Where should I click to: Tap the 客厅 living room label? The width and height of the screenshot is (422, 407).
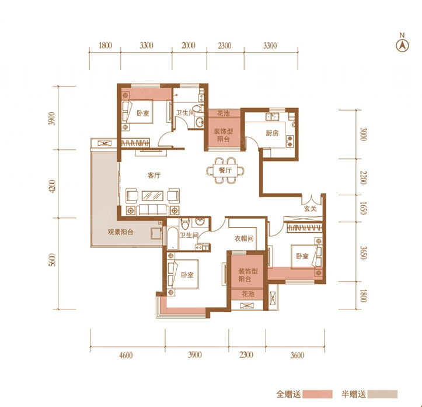(x=154, y=175)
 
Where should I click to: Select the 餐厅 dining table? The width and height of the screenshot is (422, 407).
(x=225, y=170)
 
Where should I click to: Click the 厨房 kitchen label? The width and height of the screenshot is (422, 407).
(x=272, y=133)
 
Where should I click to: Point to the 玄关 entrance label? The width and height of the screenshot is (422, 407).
(x=311, y=209)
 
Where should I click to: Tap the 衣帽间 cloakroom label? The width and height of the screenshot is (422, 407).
(x=244, y=238)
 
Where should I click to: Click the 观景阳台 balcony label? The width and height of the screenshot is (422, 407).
(x=120, y=232)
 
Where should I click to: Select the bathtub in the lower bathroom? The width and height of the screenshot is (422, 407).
(x=172, y=238)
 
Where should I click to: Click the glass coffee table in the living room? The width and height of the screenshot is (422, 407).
(x=152, y=195)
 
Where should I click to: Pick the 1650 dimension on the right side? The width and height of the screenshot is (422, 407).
(x=363, y=208)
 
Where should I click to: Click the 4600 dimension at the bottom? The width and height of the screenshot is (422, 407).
(x=126, y=355)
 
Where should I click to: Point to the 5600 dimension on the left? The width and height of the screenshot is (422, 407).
(x=53, y=260)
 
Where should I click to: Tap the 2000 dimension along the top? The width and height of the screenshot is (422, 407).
(x=189, y=45)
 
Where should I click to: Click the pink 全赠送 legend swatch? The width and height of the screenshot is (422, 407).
(x=318, y=394)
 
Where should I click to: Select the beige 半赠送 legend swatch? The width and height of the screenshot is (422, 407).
(x=382, y=394)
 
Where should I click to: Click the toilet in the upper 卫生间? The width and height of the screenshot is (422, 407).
(x=199, y=108)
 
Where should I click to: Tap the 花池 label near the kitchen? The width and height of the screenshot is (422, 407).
(x=224, y=113)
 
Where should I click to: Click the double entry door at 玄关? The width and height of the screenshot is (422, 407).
(x=311, y=199)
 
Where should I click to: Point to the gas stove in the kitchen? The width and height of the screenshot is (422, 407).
(x=290, y=141)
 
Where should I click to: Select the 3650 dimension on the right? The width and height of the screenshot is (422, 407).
(x=363, y=253)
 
